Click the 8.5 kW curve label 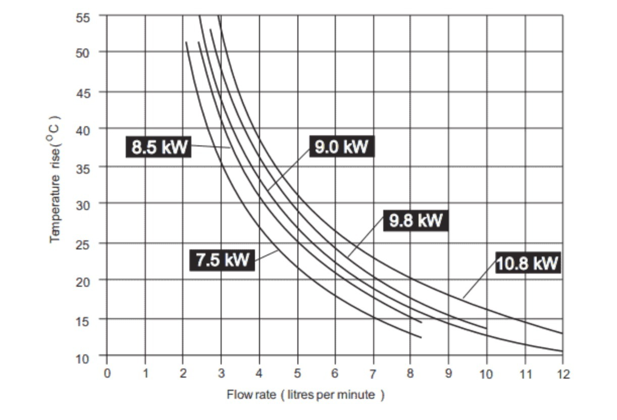click(x=158, y=147)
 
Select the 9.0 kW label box click(x=341, y=146)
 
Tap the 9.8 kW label click(x=416, y=221)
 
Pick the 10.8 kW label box click(x=528, y=263)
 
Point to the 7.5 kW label click(x=222, y=260)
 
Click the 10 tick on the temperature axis click(x=82, y=358)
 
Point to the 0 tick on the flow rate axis click(x=107, y=374)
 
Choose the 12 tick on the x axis click(x=563, y=374)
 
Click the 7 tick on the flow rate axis click(x=373, y=374)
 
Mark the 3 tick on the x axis click(x=221, y=374)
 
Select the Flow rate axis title click(x=305, y=395)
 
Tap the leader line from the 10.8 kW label click(x=480, y=277)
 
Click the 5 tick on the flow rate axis click(x=297, y=374)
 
